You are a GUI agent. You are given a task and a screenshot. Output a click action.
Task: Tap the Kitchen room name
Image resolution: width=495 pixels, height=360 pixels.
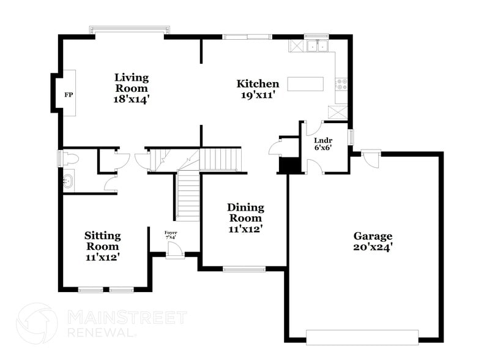point(258,84)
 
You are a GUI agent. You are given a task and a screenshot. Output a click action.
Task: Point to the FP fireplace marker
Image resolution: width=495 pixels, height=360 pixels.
point(69,96)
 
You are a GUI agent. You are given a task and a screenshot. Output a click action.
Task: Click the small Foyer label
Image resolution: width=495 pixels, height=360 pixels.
point(171,235)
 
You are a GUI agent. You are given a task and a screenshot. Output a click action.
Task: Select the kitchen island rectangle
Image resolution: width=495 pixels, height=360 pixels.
point(306,84)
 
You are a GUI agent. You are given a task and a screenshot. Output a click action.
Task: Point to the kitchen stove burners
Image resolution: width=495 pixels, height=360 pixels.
point(341,85)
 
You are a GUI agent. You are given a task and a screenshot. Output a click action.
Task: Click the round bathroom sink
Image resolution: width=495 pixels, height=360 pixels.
point(69,181)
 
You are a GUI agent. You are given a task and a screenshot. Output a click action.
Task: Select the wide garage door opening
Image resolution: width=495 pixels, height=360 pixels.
point(362,337)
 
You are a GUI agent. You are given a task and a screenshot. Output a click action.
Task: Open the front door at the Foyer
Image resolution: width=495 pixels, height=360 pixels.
point(175,250)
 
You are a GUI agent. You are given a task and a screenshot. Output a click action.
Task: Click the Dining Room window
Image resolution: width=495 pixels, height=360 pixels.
point(244,268)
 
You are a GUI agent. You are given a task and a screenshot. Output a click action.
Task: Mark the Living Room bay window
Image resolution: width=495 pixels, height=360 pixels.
point(129,29)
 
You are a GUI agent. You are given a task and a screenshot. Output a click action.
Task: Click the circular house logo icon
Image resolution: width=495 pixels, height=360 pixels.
point(37,323)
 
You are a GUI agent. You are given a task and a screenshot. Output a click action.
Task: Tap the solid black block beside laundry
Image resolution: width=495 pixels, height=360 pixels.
point(288,165)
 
